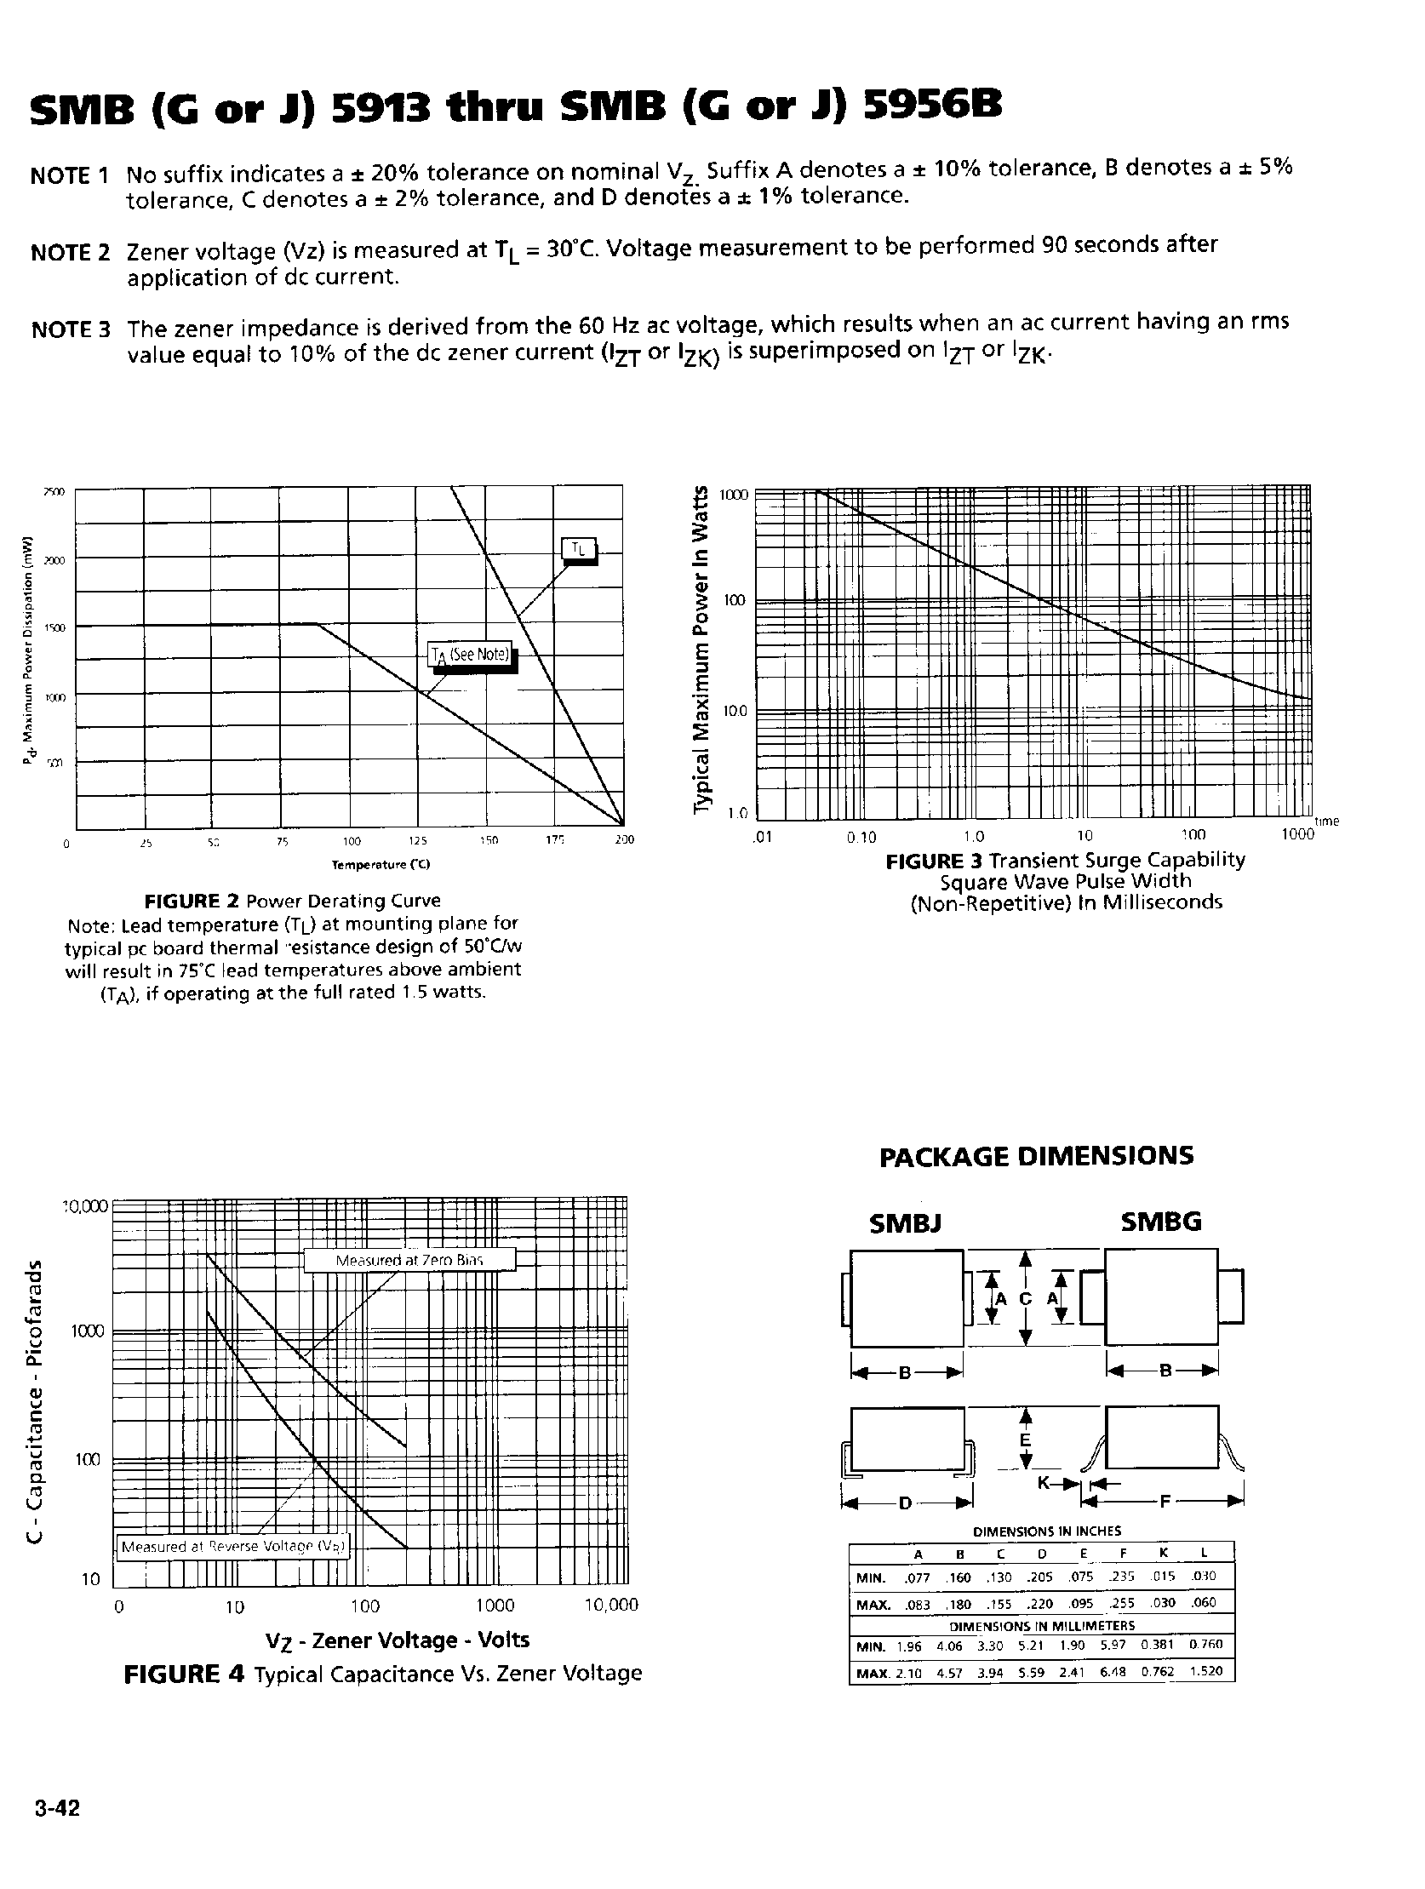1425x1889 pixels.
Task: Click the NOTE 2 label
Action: (69, 253)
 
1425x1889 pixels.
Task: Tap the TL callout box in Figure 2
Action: (578, 550)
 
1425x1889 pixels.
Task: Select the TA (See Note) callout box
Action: (471, 655)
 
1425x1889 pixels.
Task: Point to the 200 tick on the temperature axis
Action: (624, 840)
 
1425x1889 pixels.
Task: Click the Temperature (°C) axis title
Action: (381, 865)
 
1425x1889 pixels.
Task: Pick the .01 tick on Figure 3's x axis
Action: (762, 837)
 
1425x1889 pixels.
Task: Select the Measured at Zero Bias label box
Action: (409, 1261)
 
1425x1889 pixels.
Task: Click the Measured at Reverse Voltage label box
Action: (233, 1547)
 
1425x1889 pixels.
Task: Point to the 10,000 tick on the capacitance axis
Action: (85, 1206)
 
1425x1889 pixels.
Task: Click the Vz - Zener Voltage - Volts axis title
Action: (397, 1640)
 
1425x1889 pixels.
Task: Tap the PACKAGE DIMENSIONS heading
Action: (1036, 1156)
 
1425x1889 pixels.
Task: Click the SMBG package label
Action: (1160, 1222)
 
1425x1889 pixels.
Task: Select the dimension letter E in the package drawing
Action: (1026, 1440)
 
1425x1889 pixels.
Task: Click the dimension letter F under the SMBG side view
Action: (1166, 1501)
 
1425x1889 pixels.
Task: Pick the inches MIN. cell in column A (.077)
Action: (918, 1577)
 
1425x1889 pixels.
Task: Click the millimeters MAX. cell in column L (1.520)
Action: (1205, 1671)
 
